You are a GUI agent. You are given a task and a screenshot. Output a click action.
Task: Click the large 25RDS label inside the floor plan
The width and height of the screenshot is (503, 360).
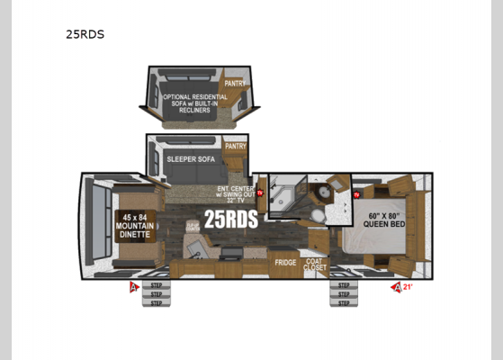pyautogui.click(x=230, y=219)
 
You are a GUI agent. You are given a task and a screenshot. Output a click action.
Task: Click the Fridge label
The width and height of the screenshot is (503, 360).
pyautogui.click(x=286, y=263)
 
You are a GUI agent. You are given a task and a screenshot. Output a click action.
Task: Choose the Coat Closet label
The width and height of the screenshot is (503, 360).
pyautogui.click(x=316, y=264)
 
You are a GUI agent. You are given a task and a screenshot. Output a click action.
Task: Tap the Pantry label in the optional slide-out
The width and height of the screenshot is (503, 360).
pyautogui.click(x=235, y=84)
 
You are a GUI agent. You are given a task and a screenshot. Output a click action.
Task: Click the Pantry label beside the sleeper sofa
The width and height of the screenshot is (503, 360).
pyautogui.click(x=236, y=146)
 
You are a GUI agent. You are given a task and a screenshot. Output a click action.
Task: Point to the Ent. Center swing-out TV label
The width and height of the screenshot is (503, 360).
pyautogui.click(x=237, y=194)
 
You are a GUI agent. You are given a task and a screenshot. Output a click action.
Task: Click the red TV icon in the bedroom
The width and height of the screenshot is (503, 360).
pyautogui.click(x=357, y=194)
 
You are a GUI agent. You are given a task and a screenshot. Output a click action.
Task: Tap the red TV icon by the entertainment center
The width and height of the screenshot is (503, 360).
pyautogui.click(x=261, y=193)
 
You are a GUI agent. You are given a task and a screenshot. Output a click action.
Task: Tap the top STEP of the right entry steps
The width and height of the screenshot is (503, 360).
pyautogui.click(x=343, y=286)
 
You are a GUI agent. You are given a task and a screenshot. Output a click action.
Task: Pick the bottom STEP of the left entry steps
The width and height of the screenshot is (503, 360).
pyautogui.click(x=156, y=302)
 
